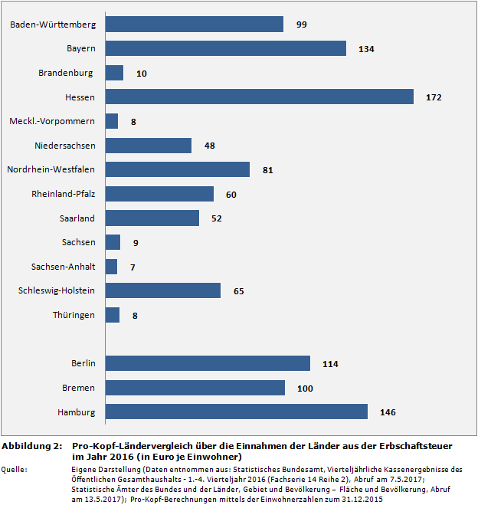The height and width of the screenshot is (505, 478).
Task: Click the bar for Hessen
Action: [x=259, y=97]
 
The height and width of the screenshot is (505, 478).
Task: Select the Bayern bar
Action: [x=226, y=48]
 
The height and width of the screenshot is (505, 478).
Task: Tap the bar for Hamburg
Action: [x=236, y=412]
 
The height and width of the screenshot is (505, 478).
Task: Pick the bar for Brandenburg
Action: [x=114, y=73]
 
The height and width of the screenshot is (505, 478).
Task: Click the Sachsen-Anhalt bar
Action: [x=111, y=267]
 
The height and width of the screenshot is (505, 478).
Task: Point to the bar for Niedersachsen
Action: [x=148, y=146]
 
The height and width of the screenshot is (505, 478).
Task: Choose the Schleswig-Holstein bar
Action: [x=162, y=290]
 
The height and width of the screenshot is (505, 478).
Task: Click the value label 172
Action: [x=434, y=97]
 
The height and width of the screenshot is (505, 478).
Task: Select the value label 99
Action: [x=301, y=25]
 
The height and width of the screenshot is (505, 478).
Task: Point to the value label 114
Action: [x=330, y=364]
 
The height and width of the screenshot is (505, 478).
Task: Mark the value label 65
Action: [x=238, y=291]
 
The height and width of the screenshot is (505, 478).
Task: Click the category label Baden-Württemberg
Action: [x=53, y=25]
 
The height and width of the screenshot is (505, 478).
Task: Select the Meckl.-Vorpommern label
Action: [x=52, y=121]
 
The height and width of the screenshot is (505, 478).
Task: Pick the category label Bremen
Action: [x=79, y=388]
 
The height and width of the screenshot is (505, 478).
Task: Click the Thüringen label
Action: [x=74, y=315]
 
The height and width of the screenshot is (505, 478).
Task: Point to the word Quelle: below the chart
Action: [x=15, y=467]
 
